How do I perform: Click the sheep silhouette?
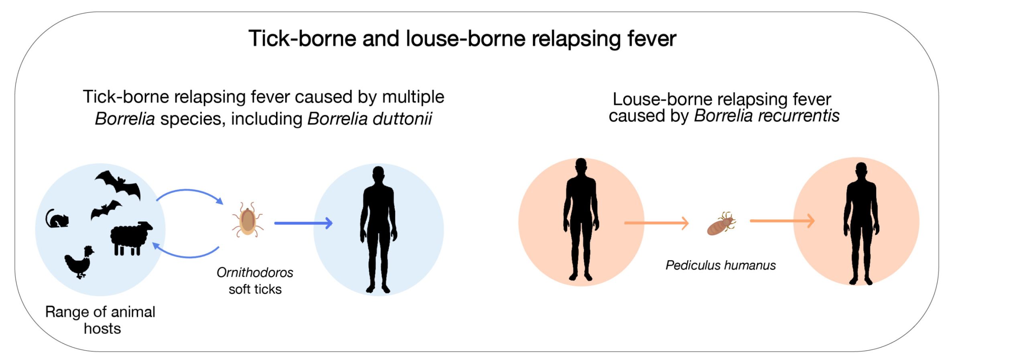click(131, 238)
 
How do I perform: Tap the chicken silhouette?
click(79, 262)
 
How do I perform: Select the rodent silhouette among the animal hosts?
click(57, 219)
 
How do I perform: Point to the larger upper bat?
click(119, 184)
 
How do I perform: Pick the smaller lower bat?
click(106, 209)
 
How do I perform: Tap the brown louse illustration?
click(721, 224)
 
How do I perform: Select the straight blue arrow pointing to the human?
click(303, 223)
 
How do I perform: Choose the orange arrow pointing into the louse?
click(656, 223)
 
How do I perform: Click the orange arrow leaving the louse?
click(782, 221)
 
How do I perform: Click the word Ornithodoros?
click(255, 273)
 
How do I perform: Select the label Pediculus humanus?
click(721, 265)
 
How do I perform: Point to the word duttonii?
click(369, 119)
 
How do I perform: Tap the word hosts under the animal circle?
click(102, 329)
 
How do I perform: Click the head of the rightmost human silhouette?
click(861, 171)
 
